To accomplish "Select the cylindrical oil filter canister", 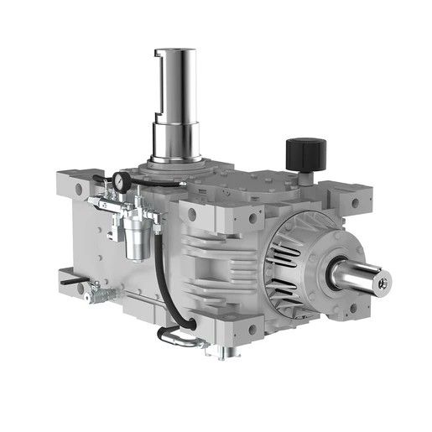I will click(133, 239).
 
